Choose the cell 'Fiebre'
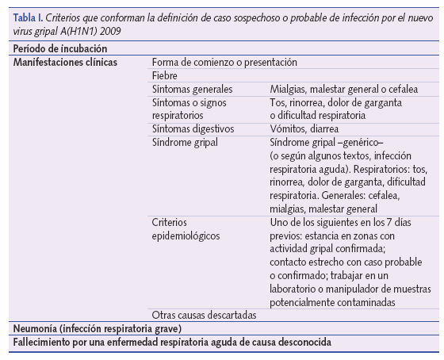point(165,75)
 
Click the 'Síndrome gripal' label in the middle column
point(184,142)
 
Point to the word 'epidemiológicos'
point(186,236)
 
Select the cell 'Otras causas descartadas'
point(203,315)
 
